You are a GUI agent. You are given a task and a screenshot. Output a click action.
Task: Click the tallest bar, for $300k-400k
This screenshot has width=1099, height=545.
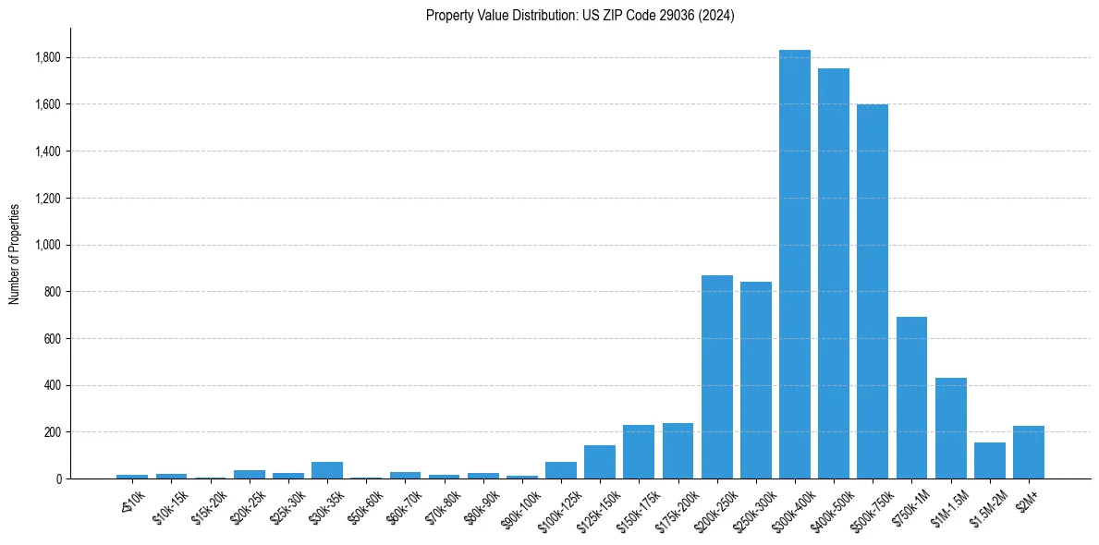click(794, 264)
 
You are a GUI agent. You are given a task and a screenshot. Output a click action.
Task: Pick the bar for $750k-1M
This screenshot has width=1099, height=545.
click(911, 398)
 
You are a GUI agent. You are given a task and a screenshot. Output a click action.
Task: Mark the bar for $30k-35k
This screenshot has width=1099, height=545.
click(327, 470)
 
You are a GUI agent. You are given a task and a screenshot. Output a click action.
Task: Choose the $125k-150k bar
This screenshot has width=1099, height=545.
click(600, 462)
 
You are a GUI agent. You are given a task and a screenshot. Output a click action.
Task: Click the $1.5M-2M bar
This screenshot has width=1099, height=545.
click(989, 461)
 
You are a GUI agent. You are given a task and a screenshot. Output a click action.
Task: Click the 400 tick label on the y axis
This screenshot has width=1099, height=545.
click(54, 386)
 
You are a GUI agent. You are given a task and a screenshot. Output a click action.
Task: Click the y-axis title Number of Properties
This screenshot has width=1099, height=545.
click(15, 254)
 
